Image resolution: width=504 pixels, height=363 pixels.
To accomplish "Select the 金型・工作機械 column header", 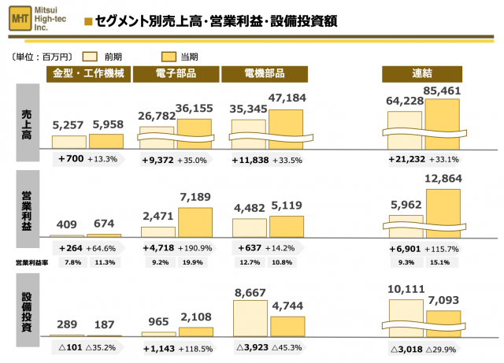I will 87,74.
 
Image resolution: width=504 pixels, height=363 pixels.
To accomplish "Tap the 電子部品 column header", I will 176,74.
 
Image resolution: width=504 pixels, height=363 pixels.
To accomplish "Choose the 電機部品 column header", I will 264,74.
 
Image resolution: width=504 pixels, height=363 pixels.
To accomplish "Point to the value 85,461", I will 443,91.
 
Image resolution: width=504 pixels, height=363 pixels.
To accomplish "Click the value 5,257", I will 68,124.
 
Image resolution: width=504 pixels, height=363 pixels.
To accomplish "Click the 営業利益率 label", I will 31,262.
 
